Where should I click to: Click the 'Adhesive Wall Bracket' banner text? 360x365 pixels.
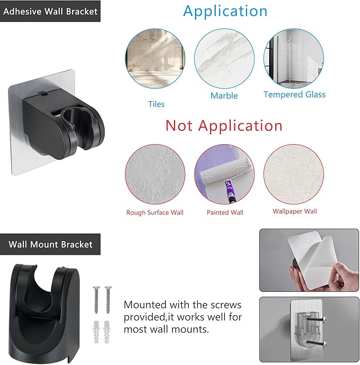coord(50,11)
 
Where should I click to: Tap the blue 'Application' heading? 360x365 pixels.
coord(225,11)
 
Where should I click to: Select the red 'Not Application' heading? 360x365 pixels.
coord(224,126)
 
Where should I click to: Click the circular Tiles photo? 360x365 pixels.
coord(155,58)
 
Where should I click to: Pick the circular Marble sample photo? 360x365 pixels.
coord(224,58)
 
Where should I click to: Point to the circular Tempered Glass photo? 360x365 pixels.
coord(294,58)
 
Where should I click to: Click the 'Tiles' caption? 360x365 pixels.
coord(156,104)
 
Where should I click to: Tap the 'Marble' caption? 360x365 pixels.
coord(224,96)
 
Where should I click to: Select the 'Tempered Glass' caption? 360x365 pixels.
coord(295,94)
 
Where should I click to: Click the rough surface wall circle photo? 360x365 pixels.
coord(155,174)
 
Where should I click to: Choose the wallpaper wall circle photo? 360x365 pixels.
coord(294,174)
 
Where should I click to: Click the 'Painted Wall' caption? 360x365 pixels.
coord(225,212)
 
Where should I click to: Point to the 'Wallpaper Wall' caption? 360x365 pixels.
coord(295,211)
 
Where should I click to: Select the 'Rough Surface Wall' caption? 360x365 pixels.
coord(155,212)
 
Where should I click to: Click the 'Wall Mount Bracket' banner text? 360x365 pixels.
coord(50,244)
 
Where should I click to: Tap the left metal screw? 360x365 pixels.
coord(96,300)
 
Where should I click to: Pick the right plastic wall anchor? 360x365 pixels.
coord(107,332)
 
